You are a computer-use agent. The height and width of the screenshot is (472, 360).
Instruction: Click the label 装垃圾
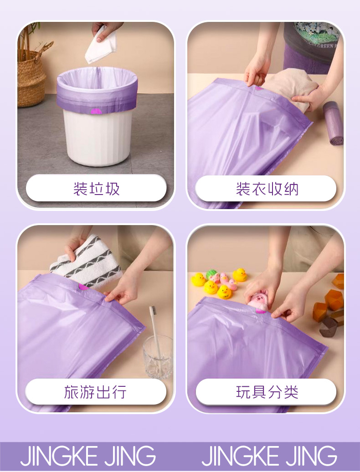pyautogui.click(x=96, y=189)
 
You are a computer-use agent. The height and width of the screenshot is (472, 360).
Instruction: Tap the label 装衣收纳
pyautogui.click(x=267, y=189)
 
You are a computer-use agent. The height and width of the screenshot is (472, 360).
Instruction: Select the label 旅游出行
pyautogui.click(x=95, y=392)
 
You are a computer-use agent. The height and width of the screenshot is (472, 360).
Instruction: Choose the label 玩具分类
pyautogui.click(x=267, y=392)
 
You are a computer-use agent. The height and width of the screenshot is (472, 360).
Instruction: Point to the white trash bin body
pyautogui.click(x=98, y=137)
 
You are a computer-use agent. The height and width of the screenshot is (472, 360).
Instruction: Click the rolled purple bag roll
pyautogui.click(x=333, y=123)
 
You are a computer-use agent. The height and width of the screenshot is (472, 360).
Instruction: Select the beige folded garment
pyautogui.click(x=289, y=87)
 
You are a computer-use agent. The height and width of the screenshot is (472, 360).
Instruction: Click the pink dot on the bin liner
pyautogui.click(x=97, y=112)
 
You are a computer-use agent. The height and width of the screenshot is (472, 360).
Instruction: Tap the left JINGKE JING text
pyautogui.click(x=88, y=456)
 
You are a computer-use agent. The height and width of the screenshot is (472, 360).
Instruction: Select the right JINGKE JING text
pyautogui.click(x=269, y=456)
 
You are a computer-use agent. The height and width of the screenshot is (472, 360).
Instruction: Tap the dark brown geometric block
pyautogui.click(x=329, y=327)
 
